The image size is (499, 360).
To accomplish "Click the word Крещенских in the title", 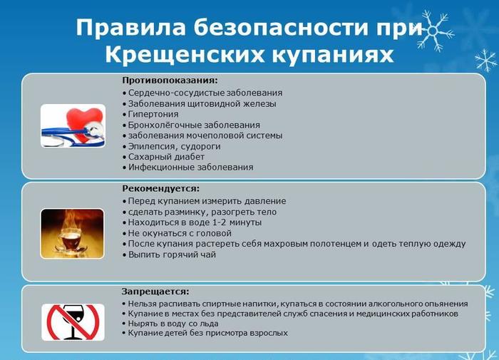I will [x=182, y=54].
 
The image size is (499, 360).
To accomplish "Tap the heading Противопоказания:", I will [x=170, y=80].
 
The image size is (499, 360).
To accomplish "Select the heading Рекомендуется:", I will [x=160, y=188].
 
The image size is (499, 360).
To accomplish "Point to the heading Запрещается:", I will [x=155, y=292].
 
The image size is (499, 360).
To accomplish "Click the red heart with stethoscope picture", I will [x=73, y=125].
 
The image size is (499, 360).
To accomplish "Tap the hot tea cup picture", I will [x=73, y=232].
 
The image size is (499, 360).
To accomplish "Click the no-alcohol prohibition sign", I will [x=73, y=322].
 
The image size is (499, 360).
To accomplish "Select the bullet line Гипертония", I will [x=153, y=114].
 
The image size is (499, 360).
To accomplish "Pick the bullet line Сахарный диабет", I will [x=165, y=157].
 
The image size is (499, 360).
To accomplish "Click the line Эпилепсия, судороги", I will [x=174, y=146].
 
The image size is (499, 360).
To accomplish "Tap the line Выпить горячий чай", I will [x=171, y=254].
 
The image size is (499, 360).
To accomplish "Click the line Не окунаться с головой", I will [x=179, y=233].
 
